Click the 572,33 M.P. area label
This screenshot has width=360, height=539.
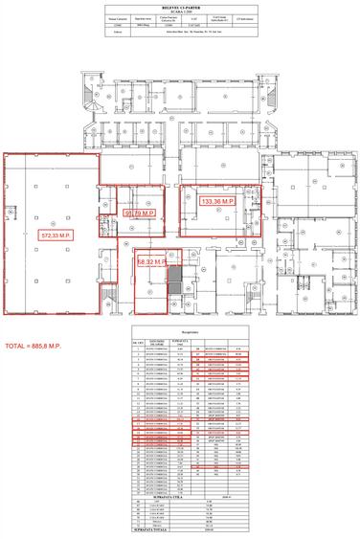(x=56, y=233)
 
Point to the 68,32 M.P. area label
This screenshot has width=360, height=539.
(x=152, y=260)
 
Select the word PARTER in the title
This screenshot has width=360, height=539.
(x=194, y=6)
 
